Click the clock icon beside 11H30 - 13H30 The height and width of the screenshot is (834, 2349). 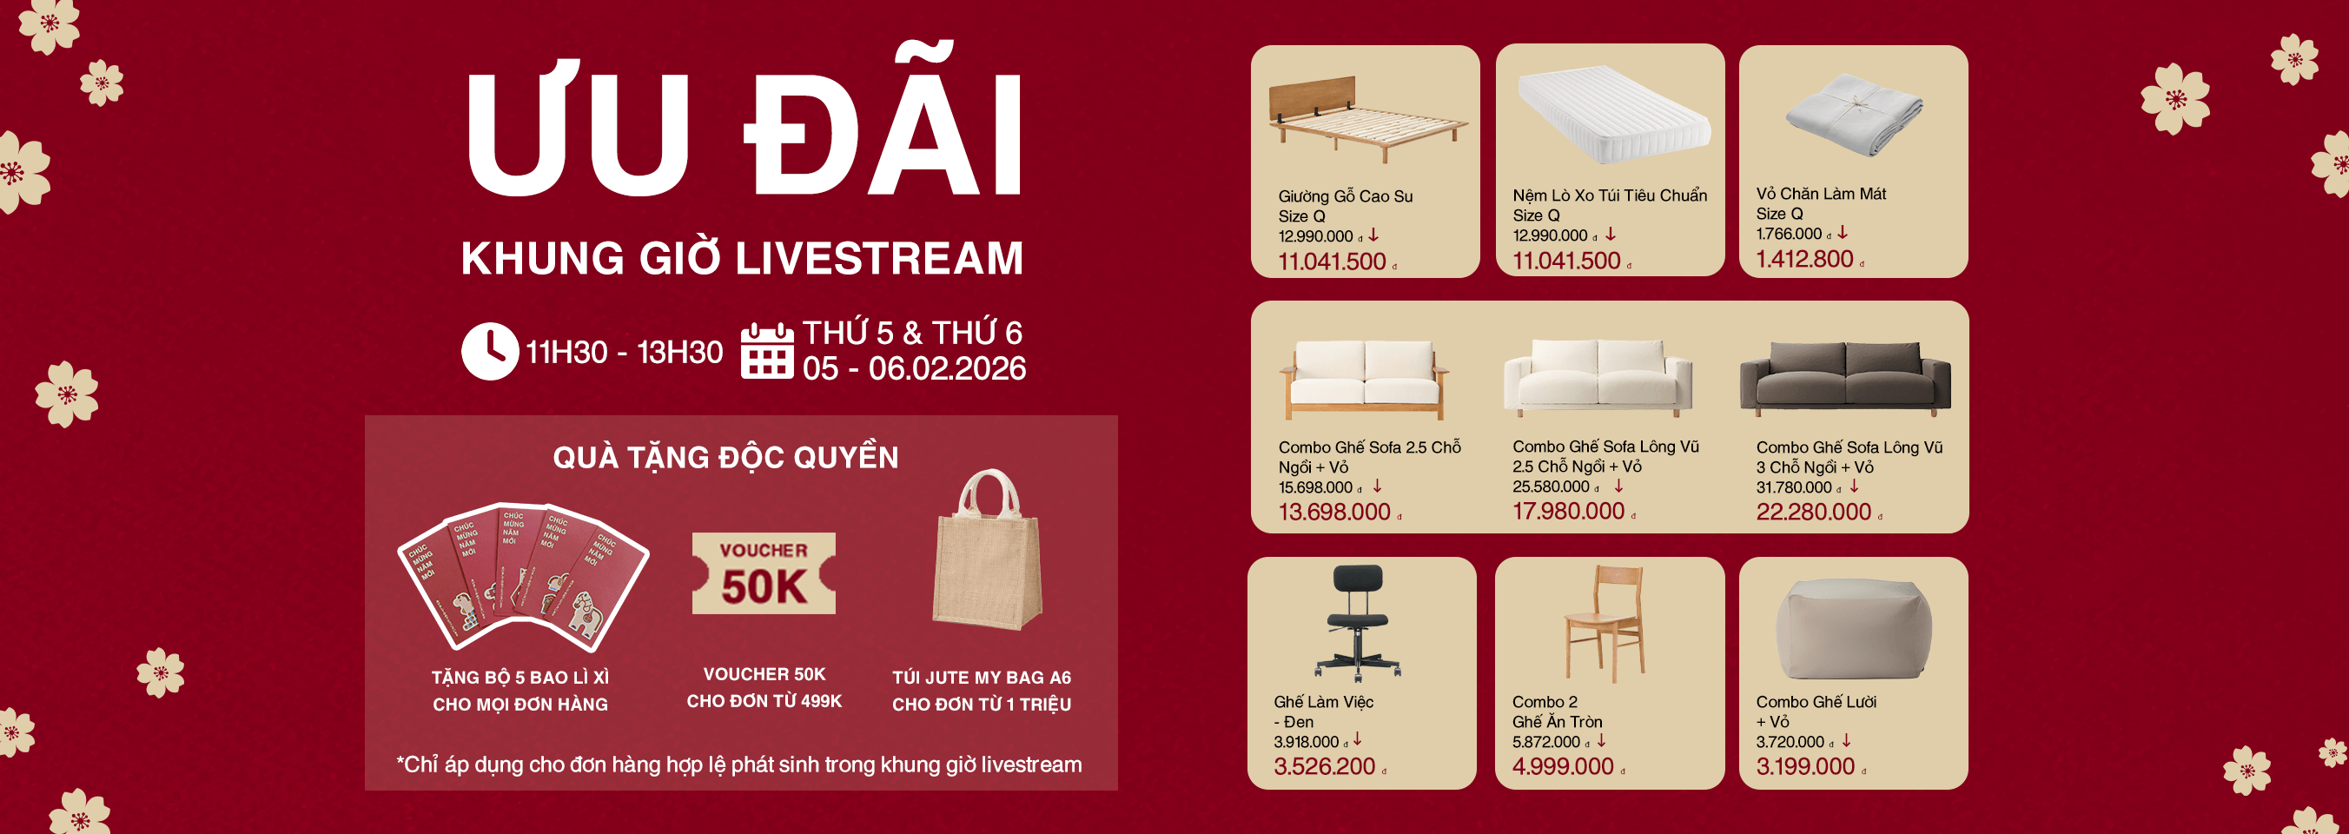490,351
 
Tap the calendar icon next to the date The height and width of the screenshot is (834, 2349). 767,350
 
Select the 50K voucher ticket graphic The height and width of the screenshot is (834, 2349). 764,573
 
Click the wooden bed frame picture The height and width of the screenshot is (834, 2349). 1365,119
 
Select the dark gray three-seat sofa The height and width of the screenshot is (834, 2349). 1846,377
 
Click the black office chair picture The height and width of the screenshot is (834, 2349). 1358,622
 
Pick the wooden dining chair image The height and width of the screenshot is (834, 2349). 1605,624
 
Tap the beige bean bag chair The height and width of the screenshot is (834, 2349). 1854,629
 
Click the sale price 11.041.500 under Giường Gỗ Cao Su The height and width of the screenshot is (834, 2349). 1333,261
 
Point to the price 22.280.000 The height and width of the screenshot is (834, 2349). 1814,513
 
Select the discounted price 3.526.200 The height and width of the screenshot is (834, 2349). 1324,766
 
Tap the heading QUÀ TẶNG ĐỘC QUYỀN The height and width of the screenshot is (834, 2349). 726,457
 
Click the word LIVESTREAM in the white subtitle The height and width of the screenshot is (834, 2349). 879,258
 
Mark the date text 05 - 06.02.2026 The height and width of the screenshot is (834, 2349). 914,368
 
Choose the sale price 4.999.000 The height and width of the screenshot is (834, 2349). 1563,766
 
